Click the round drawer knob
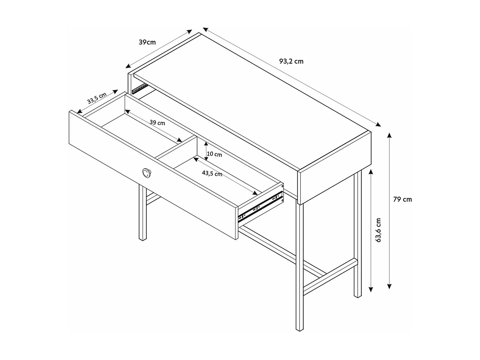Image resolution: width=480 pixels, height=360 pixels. click(147, 173)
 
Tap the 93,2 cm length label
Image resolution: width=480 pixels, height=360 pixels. click(291, 61)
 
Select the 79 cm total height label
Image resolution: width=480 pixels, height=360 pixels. click(402, 199)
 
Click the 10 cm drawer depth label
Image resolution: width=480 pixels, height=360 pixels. click(214, 154)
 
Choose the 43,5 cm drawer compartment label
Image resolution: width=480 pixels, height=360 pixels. click(212, 173)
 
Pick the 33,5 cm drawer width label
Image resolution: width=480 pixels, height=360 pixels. click(97, 98)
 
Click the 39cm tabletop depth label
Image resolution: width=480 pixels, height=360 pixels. click(147, 42)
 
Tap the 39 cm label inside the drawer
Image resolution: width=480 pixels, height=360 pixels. click(157, 123)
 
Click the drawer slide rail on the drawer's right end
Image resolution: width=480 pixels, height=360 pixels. click(261, 207)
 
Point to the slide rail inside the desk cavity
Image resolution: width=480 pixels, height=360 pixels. click(140, 88)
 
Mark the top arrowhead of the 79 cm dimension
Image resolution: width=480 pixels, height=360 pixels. click(389, 134)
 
